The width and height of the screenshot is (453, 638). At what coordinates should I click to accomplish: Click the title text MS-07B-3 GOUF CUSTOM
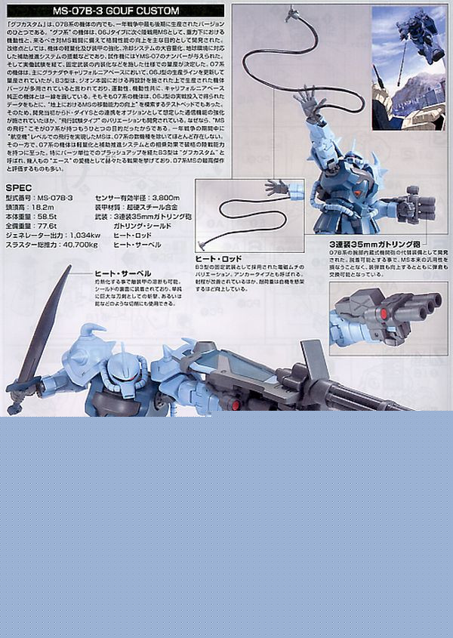[x=126, y=12]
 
